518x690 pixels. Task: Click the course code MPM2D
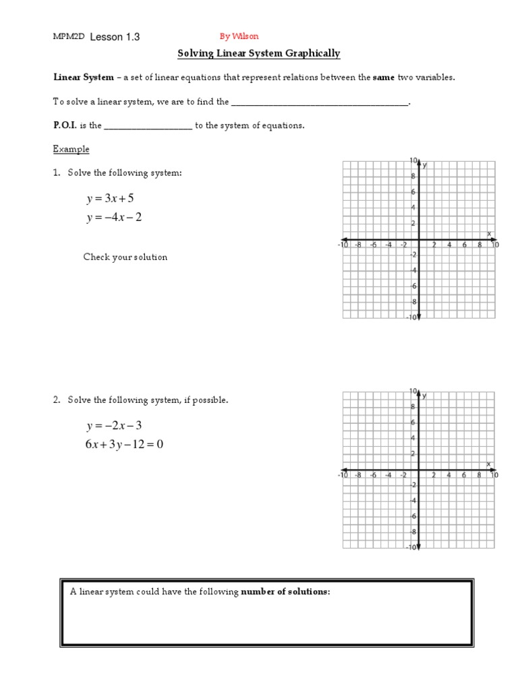tap(69, 37)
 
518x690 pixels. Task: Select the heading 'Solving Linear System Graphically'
tap(258, 54)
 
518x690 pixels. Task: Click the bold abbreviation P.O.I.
tap(67, 125)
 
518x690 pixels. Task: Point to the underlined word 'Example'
tap(71, 149)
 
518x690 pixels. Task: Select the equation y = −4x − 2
tap(114, 218)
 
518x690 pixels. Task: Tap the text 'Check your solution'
tap(125, 257)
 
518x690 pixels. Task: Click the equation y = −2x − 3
tap(114, 426)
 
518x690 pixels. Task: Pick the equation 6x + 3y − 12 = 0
tap(125, 445)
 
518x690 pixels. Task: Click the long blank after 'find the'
tap(320, 102)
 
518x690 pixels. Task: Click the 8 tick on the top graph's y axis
tap(413, 177)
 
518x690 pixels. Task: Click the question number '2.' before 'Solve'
tap(57, 400)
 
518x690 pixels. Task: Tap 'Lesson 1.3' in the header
tap(115, 37)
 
